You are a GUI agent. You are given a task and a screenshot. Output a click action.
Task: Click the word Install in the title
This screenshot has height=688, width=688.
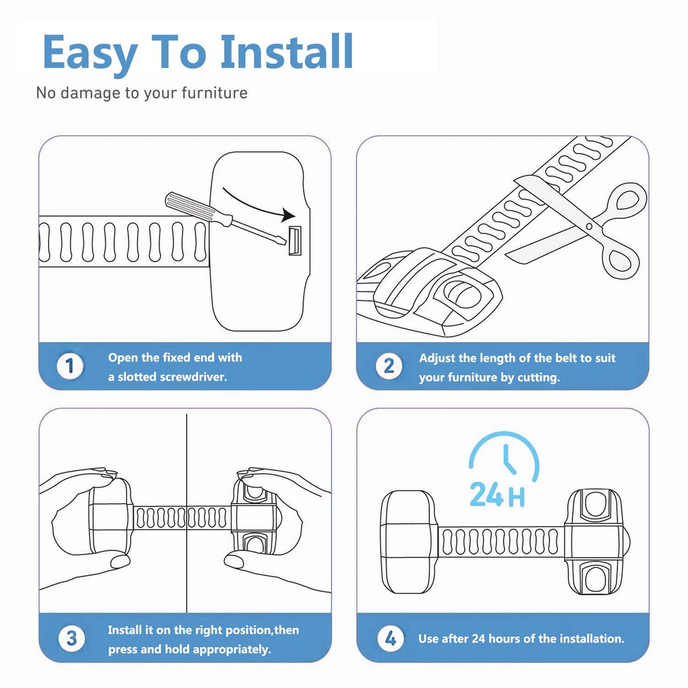[x=287, y=52]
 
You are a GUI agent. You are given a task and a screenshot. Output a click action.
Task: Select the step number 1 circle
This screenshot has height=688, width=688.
[x=70, y=367]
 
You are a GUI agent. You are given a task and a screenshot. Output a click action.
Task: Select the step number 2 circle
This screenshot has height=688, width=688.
[x=388, y=367]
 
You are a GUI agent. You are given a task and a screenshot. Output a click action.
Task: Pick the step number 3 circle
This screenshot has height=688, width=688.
[x=71, y=639]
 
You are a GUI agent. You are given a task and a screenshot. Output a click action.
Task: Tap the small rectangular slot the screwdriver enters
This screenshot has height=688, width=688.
[x=295, y=241]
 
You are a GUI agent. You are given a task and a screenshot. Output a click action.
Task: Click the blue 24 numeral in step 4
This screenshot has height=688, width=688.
[x=486, y=494]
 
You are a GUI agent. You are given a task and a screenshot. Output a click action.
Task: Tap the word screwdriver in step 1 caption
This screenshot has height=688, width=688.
[x=193, y=377]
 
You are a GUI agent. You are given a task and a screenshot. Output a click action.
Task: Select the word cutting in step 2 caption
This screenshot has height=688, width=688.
[x=538, y=378]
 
